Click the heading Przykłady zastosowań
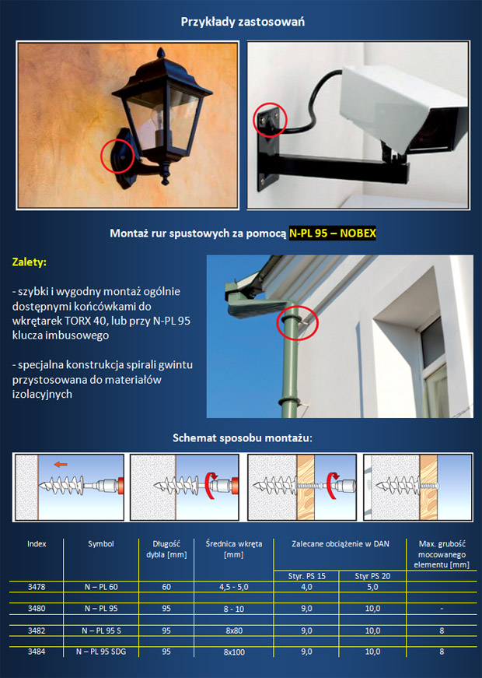243,22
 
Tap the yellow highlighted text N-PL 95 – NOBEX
333,234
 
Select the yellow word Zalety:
30,262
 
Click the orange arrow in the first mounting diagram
61,465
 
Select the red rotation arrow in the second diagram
211,485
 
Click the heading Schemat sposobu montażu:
243,438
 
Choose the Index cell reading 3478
37,587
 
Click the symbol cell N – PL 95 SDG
101,652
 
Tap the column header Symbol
100,543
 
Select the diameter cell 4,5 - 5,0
234,587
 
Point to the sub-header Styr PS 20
372,576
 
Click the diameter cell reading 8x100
234,652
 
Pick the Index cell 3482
37,631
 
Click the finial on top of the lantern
161,54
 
